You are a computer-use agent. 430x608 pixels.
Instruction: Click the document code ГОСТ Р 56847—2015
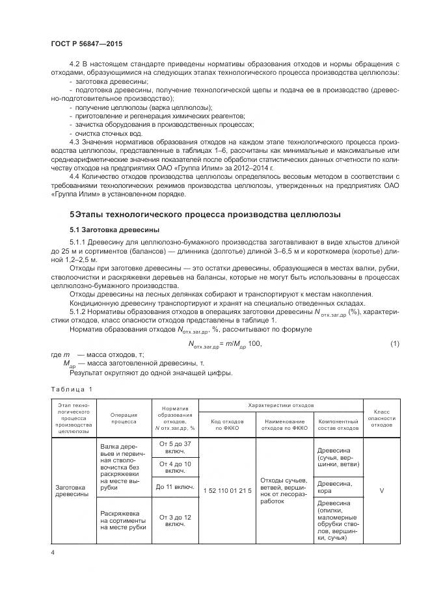[x=86, y=44]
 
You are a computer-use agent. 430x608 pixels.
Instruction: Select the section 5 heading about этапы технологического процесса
[x=205, y=215]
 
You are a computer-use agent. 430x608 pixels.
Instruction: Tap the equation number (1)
[x=394, y=343]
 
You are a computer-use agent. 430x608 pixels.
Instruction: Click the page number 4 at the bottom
[x=52, y=552]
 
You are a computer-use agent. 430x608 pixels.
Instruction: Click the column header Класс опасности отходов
[x=381, y=417]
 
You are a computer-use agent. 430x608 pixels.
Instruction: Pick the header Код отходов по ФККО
[x=228, y=425]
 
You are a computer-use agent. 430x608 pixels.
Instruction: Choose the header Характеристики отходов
[x=281, y=404]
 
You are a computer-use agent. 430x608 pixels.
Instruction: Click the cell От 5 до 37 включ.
[x=174, y=447]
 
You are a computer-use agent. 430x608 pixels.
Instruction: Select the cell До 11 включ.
[x=174, y=486]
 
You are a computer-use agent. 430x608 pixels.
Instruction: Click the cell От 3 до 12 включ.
[x=174, y=520]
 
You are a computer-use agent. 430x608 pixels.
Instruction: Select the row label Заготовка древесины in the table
[x=71, y=490]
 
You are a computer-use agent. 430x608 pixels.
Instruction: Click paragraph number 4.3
[x=74, y=141]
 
